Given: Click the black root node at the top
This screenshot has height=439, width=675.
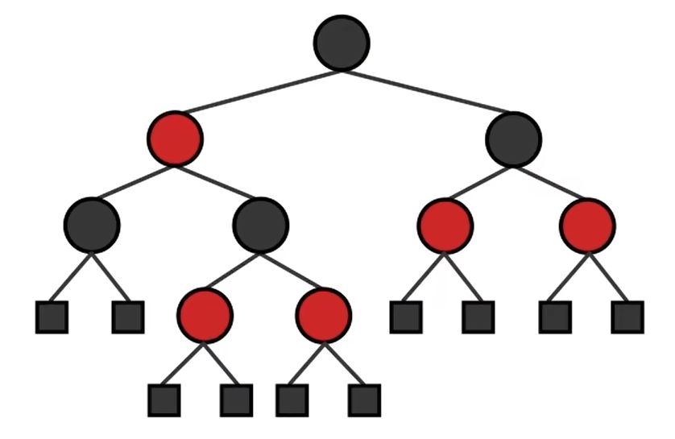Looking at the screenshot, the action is (x=342, y=43).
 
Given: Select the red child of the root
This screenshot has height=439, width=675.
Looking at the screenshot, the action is (x=175, y=139).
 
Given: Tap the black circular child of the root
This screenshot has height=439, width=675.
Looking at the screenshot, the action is (x=513, y=139).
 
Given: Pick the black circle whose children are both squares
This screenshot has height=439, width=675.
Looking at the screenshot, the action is (x=92, y=225).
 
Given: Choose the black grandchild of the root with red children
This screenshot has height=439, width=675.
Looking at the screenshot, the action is (x=260, y=225).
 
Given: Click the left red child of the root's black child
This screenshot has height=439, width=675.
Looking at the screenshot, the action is (x=445, y=226).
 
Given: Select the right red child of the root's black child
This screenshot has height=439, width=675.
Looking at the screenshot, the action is (x=587, y=226).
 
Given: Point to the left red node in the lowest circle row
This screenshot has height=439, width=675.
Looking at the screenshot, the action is (x=205, y=314).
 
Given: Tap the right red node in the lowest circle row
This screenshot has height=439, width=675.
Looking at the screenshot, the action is (x=323, y=314).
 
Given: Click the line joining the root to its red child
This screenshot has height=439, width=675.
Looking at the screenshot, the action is (x=258, y=92).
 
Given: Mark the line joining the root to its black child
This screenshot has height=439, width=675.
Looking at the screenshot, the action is (x=427, y=92).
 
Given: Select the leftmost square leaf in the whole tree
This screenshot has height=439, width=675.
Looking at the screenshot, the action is (x=52, y=317).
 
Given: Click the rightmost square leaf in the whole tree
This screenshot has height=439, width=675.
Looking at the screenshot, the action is (x=627, y=317).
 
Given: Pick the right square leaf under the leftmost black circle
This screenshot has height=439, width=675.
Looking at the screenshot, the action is (x=128, y=317).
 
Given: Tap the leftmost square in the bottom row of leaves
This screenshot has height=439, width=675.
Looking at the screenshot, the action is (x=164, y=400).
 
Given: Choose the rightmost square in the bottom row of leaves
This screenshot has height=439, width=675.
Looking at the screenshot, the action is (x=364, y=400).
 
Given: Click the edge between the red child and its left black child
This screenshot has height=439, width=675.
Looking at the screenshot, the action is (x=133, y=182).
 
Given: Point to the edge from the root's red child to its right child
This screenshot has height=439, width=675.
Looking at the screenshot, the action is (x=217, y=182).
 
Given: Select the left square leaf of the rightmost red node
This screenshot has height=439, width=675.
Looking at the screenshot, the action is (x=555, y=317).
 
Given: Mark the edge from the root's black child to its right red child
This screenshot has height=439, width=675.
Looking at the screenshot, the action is (x=550, y=182).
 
